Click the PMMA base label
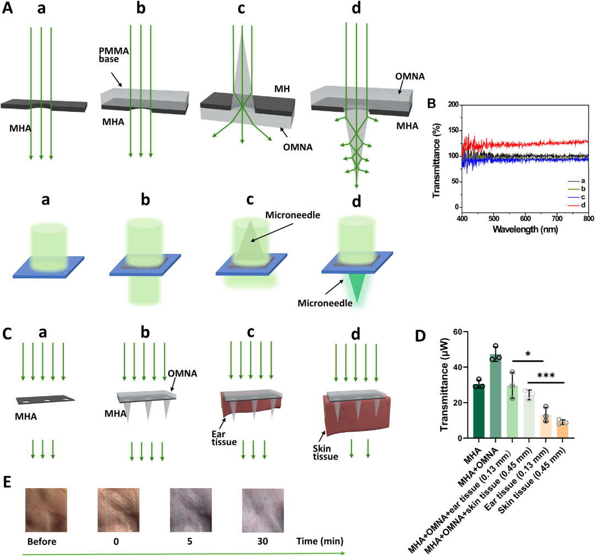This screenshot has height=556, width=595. tap(114, 55)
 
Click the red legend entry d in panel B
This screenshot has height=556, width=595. tap(576, 206)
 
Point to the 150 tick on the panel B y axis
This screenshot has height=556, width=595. tap(453, 130)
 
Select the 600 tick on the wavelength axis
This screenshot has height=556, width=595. tap(525, 219)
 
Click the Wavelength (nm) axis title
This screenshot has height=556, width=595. tap(525, 229)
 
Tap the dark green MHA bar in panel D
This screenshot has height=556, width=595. tap(479, 412)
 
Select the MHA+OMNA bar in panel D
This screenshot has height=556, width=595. tap(496, 396)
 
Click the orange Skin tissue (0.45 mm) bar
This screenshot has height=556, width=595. tap(562, 430)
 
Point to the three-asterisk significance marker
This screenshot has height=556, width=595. tap(546, 376)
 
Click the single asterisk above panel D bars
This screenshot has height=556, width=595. tap(528, 354)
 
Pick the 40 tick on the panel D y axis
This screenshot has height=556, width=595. tap(458, 368)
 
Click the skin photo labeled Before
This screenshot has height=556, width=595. tap(46, 510)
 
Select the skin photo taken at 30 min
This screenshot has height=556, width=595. tap(263, 510)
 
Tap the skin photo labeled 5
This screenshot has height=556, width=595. tap(191, 510)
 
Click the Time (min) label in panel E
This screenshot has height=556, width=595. tap(320, 541)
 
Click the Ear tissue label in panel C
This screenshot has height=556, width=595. tap(224, 438)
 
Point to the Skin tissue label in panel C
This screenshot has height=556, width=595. tap(325, 452)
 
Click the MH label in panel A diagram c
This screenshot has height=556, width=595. tap(282, 89)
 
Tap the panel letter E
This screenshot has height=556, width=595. tap(7, 482)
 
